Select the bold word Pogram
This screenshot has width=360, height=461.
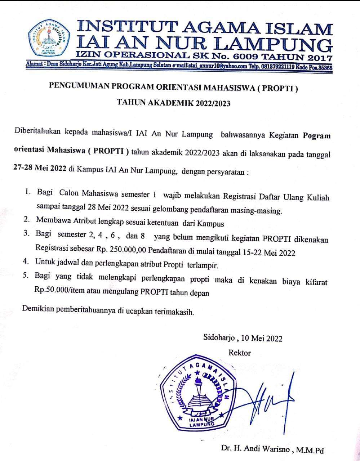point(317,136)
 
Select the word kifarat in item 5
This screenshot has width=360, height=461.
point(315,282)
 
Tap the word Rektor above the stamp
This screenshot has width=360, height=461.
point(240,353)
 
